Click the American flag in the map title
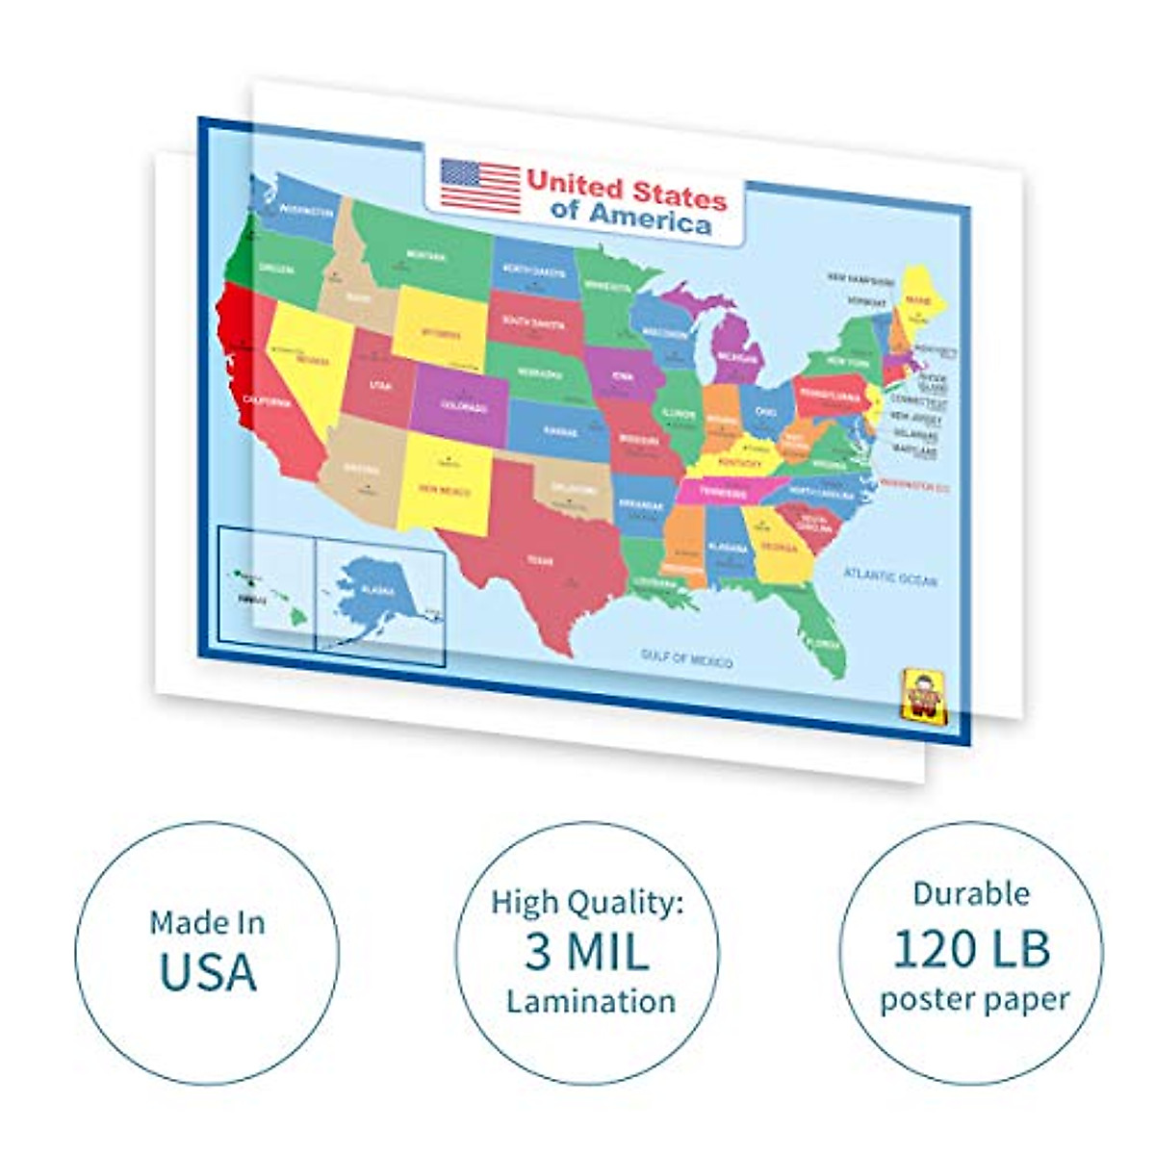tap(480, 185)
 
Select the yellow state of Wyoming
tap(438, 328)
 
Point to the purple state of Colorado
tap(461, 405)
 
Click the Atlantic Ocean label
tap(889, 577)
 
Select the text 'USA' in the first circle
tap(208, 971)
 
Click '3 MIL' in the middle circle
tap(587, 952)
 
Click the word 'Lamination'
tap(591, 1001)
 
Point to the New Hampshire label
tap(860, 279)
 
